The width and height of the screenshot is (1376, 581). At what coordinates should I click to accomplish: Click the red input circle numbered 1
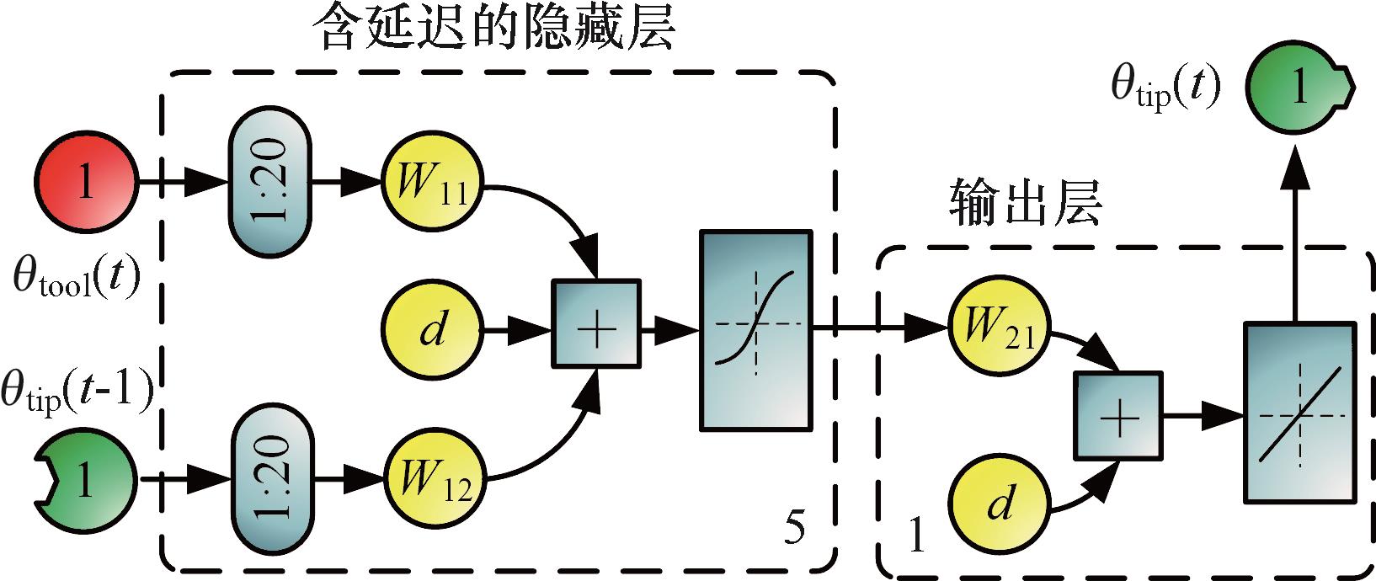(x=84, y=181)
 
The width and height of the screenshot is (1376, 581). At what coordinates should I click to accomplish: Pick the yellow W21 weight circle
(x=999, y=327)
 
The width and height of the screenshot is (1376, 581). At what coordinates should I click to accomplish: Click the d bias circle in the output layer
(x=999, y=504)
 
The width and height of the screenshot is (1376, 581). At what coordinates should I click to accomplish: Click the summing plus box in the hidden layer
(x=596, y=324)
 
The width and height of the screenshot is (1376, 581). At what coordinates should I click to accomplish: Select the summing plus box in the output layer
(x=1118, y=418)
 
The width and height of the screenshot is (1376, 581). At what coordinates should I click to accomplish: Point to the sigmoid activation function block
(x=755, y=331)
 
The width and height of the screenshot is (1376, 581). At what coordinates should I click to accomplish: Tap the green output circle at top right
(x=1299, y=87)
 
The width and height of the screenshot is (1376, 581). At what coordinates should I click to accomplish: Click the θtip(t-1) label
(x=77, y=393)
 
